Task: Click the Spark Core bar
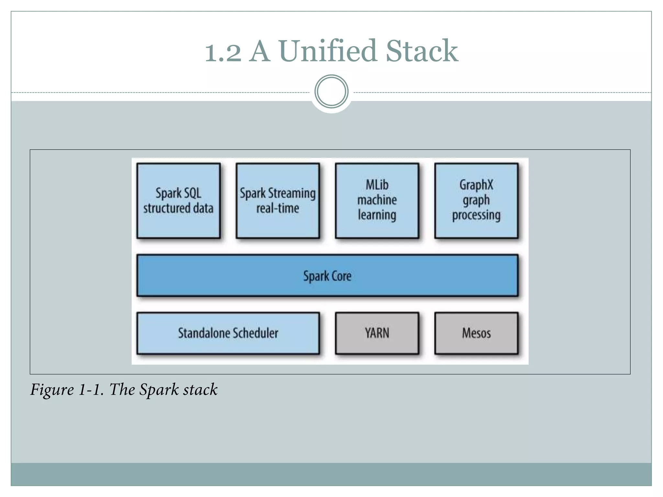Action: [327, 276]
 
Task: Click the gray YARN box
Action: [377, 333]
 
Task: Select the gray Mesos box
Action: [476, 333]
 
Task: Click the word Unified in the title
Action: [327, 51]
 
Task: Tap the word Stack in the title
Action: [422, 51]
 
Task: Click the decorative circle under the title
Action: [331, 92]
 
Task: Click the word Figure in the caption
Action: [52, 390]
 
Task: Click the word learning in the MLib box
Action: [377, 215]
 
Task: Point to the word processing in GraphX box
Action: [476, 215]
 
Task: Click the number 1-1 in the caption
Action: [91, 390]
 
